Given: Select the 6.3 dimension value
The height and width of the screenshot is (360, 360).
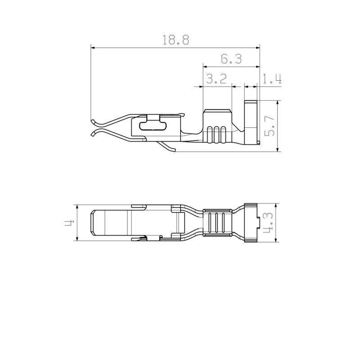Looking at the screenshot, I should coord(231,59).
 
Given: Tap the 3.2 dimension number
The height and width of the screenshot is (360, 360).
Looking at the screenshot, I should coord(216,80).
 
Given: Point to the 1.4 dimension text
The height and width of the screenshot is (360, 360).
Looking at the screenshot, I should coord(272,80).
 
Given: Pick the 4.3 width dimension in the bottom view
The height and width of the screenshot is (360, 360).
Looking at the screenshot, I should coord(269,223).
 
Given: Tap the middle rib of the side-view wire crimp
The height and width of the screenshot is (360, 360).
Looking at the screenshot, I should coord(216,135).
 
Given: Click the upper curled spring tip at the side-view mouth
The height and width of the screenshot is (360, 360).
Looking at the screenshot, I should coord(93,121).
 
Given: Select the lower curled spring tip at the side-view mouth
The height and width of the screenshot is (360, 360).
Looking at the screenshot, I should coord(93,134).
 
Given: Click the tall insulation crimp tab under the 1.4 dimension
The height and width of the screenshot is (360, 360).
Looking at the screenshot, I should coord(251,121).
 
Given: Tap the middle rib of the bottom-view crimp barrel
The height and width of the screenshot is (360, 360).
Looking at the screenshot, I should coord(217,223).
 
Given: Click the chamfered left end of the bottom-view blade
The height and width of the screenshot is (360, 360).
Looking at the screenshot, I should coord(92,223).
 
